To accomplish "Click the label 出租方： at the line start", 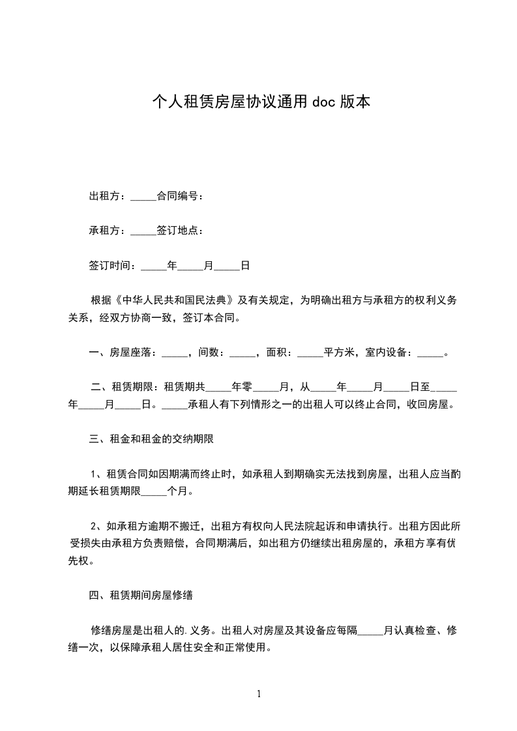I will tap(109, 196).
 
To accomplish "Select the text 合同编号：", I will tap(180, 196).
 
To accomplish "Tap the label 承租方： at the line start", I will tap(109, 231).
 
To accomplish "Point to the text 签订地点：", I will tap(180, 231).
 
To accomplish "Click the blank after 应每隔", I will tap(371, 631).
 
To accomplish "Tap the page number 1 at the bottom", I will tap(259, 695).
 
